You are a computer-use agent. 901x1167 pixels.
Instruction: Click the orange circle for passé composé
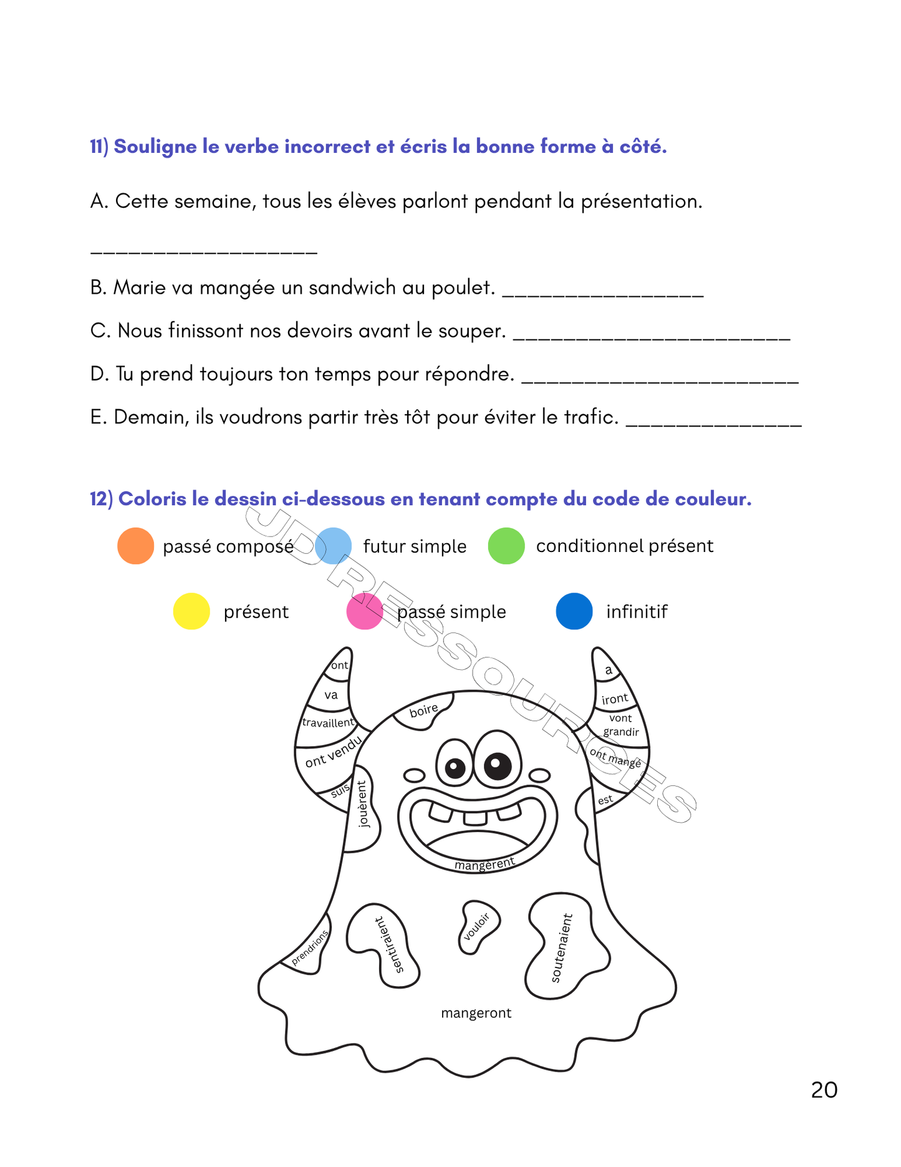pos(135,546)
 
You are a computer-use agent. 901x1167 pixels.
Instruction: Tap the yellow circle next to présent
pos(191,611)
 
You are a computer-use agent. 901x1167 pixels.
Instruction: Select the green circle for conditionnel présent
pos(506,546)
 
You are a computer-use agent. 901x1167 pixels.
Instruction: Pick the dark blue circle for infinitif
pos(574,611)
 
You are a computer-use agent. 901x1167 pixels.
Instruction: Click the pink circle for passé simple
pos(364,611)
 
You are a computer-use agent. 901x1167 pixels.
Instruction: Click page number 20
pos(824,1090)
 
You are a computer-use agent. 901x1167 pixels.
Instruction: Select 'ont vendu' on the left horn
pos(333,752)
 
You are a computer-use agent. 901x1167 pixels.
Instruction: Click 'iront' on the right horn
pos(615,699)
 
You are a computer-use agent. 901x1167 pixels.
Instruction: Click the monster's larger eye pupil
pos(496,763)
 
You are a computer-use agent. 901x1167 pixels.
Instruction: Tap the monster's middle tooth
pos(475,818)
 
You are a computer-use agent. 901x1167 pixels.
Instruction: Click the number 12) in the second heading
pos(101,499)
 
